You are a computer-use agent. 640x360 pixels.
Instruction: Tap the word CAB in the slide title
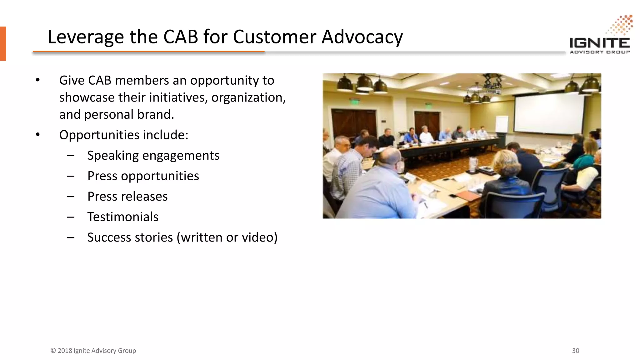[181, 37]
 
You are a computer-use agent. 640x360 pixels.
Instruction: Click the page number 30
[576, 351]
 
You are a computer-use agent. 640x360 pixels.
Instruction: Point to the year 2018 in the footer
[65, 351]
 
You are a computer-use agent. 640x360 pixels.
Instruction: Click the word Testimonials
[123, 217]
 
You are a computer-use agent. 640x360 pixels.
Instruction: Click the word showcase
[87, 97]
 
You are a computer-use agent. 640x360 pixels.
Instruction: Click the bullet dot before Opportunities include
[38, 135]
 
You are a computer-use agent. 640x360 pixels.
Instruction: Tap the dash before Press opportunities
[71, 176]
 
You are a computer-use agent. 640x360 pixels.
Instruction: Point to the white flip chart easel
[502, 124]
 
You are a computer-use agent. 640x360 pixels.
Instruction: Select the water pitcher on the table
[473, 165]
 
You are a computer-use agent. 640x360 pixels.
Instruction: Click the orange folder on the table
[467, 196]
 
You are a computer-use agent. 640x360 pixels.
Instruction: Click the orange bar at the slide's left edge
[3, 43]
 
